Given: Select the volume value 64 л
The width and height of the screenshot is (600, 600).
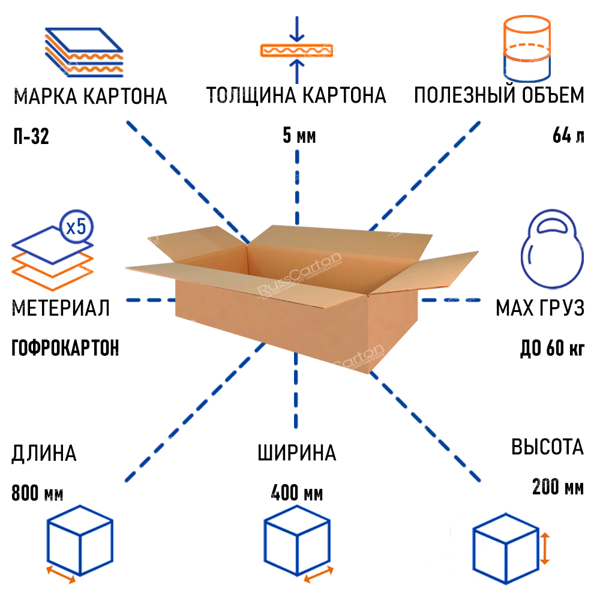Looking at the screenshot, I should tap(568, 137).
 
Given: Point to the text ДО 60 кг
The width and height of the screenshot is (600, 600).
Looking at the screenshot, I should tap(551, 348).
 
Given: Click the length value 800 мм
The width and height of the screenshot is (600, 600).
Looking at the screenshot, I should tap(37, 494).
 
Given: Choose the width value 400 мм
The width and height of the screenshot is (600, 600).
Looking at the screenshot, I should tap(297, 494).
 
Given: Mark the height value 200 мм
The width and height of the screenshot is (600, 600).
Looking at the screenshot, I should tap(557, 487).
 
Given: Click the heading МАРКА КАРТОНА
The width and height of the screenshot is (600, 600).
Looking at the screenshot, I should tap(90, 97).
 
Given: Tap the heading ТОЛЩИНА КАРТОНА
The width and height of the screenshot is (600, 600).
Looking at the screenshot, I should tap(296, 95).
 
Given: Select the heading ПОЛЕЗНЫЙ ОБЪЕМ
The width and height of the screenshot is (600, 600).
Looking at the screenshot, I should tap(499, 95).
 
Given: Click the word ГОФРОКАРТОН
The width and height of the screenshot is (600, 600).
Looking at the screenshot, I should tap(65, 348).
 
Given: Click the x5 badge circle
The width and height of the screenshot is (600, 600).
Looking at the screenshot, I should tap(77, 227).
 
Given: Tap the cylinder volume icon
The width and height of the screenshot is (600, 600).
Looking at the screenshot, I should tap(526, 48).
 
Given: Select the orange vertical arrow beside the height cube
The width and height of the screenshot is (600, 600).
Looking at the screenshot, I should tap(544, 548).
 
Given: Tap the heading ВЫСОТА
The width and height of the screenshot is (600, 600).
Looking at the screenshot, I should tap(547, 448).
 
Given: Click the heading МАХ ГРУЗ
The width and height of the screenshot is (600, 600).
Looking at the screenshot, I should tap(539, 309).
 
